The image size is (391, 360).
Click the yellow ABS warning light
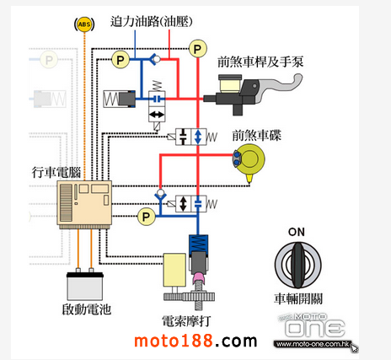pos(84,24)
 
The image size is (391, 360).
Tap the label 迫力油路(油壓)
pos(152,21)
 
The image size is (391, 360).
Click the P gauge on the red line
pos(198,49)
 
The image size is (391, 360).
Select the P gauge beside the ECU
pos(146,217)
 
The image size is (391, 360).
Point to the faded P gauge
pos(49,60)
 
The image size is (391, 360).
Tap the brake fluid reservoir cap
pos(230,77)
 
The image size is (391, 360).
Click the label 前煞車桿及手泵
pos(260,62)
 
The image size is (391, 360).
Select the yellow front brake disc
pos(249,159)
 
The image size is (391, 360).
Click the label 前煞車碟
pos(257,136)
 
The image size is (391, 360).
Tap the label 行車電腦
pos(56,172)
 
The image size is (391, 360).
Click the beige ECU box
pos(84,202)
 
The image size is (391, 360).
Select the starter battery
pos(85,286)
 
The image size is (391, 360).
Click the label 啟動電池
pos(87,309)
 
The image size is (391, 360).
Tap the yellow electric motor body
pos(174,270)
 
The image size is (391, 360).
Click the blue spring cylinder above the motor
pos(198,244)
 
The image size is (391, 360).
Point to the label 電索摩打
pos(186,321)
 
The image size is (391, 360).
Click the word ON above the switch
pos(297,232)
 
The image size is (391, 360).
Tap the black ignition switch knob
pos(297,266)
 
